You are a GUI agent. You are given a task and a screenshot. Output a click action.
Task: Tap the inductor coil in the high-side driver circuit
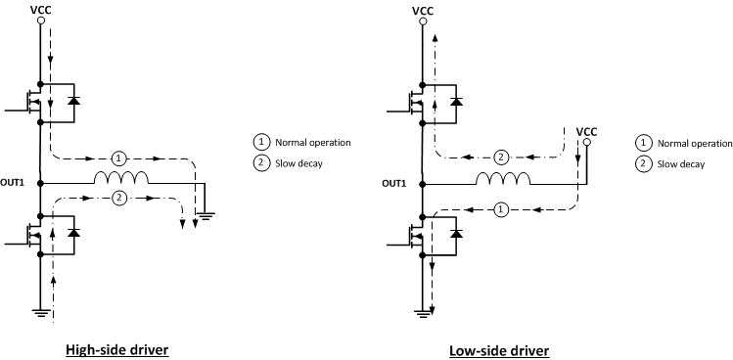point(120,179)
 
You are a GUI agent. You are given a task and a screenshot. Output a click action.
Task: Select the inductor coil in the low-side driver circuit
point(502,179)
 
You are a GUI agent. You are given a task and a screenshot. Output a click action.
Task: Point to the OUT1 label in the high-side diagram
point(13,183)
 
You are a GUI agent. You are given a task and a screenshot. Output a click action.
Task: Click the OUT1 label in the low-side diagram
point(393,183)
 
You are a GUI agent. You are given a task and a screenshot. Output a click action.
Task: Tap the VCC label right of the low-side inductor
point(587,131)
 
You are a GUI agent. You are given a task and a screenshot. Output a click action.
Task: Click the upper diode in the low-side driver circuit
point(454,100)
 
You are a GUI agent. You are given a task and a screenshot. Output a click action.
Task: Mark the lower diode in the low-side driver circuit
point(454,233)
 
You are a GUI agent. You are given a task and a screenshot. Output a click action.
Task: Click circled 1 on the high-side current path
point(118,157)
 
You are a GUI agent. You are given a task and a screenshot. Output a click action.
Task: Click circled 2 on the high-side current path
point(118,199)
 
